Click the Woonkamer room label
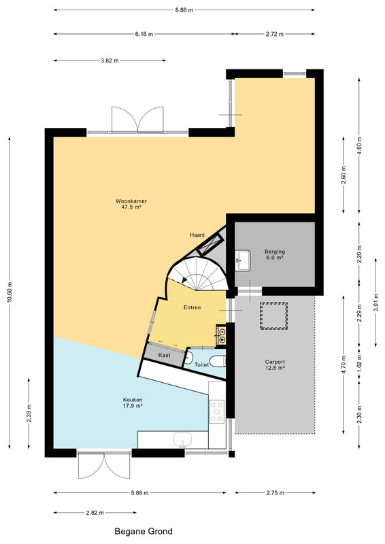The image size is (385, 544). [131, 201]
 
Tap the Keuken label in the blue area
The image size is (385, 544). [133, 400]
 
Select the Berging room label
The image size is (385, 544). [275, 252]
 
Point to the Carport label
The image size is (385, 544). [275, 362]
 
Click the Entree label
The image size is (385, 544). [192, 307]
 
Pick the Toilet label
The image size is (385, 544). [202, 364]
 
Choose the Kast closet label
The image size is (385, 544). [164, 355]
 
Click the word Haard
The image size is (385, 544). [197, 235]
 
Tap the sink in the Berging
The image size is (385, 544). [243, 260]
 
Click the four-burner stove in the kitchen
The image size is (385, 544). [216, 411]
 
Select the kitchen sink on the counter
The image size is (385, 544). [182, 439]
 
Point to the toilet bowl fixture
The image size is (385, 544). [218, 361]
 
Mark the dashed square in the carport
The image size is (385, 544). [274, 316]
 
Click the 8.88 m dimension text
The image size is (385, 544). [184, 10]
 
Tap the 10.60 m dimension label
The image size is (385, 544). [10, 292]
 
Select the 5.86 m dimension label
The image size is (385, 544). [139, 492]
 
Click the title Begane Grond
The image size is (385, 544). [144, 531]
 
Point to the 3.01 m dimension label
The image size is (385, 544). [376, 302]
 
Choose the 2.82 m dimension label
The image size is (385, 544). [95, 513]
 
